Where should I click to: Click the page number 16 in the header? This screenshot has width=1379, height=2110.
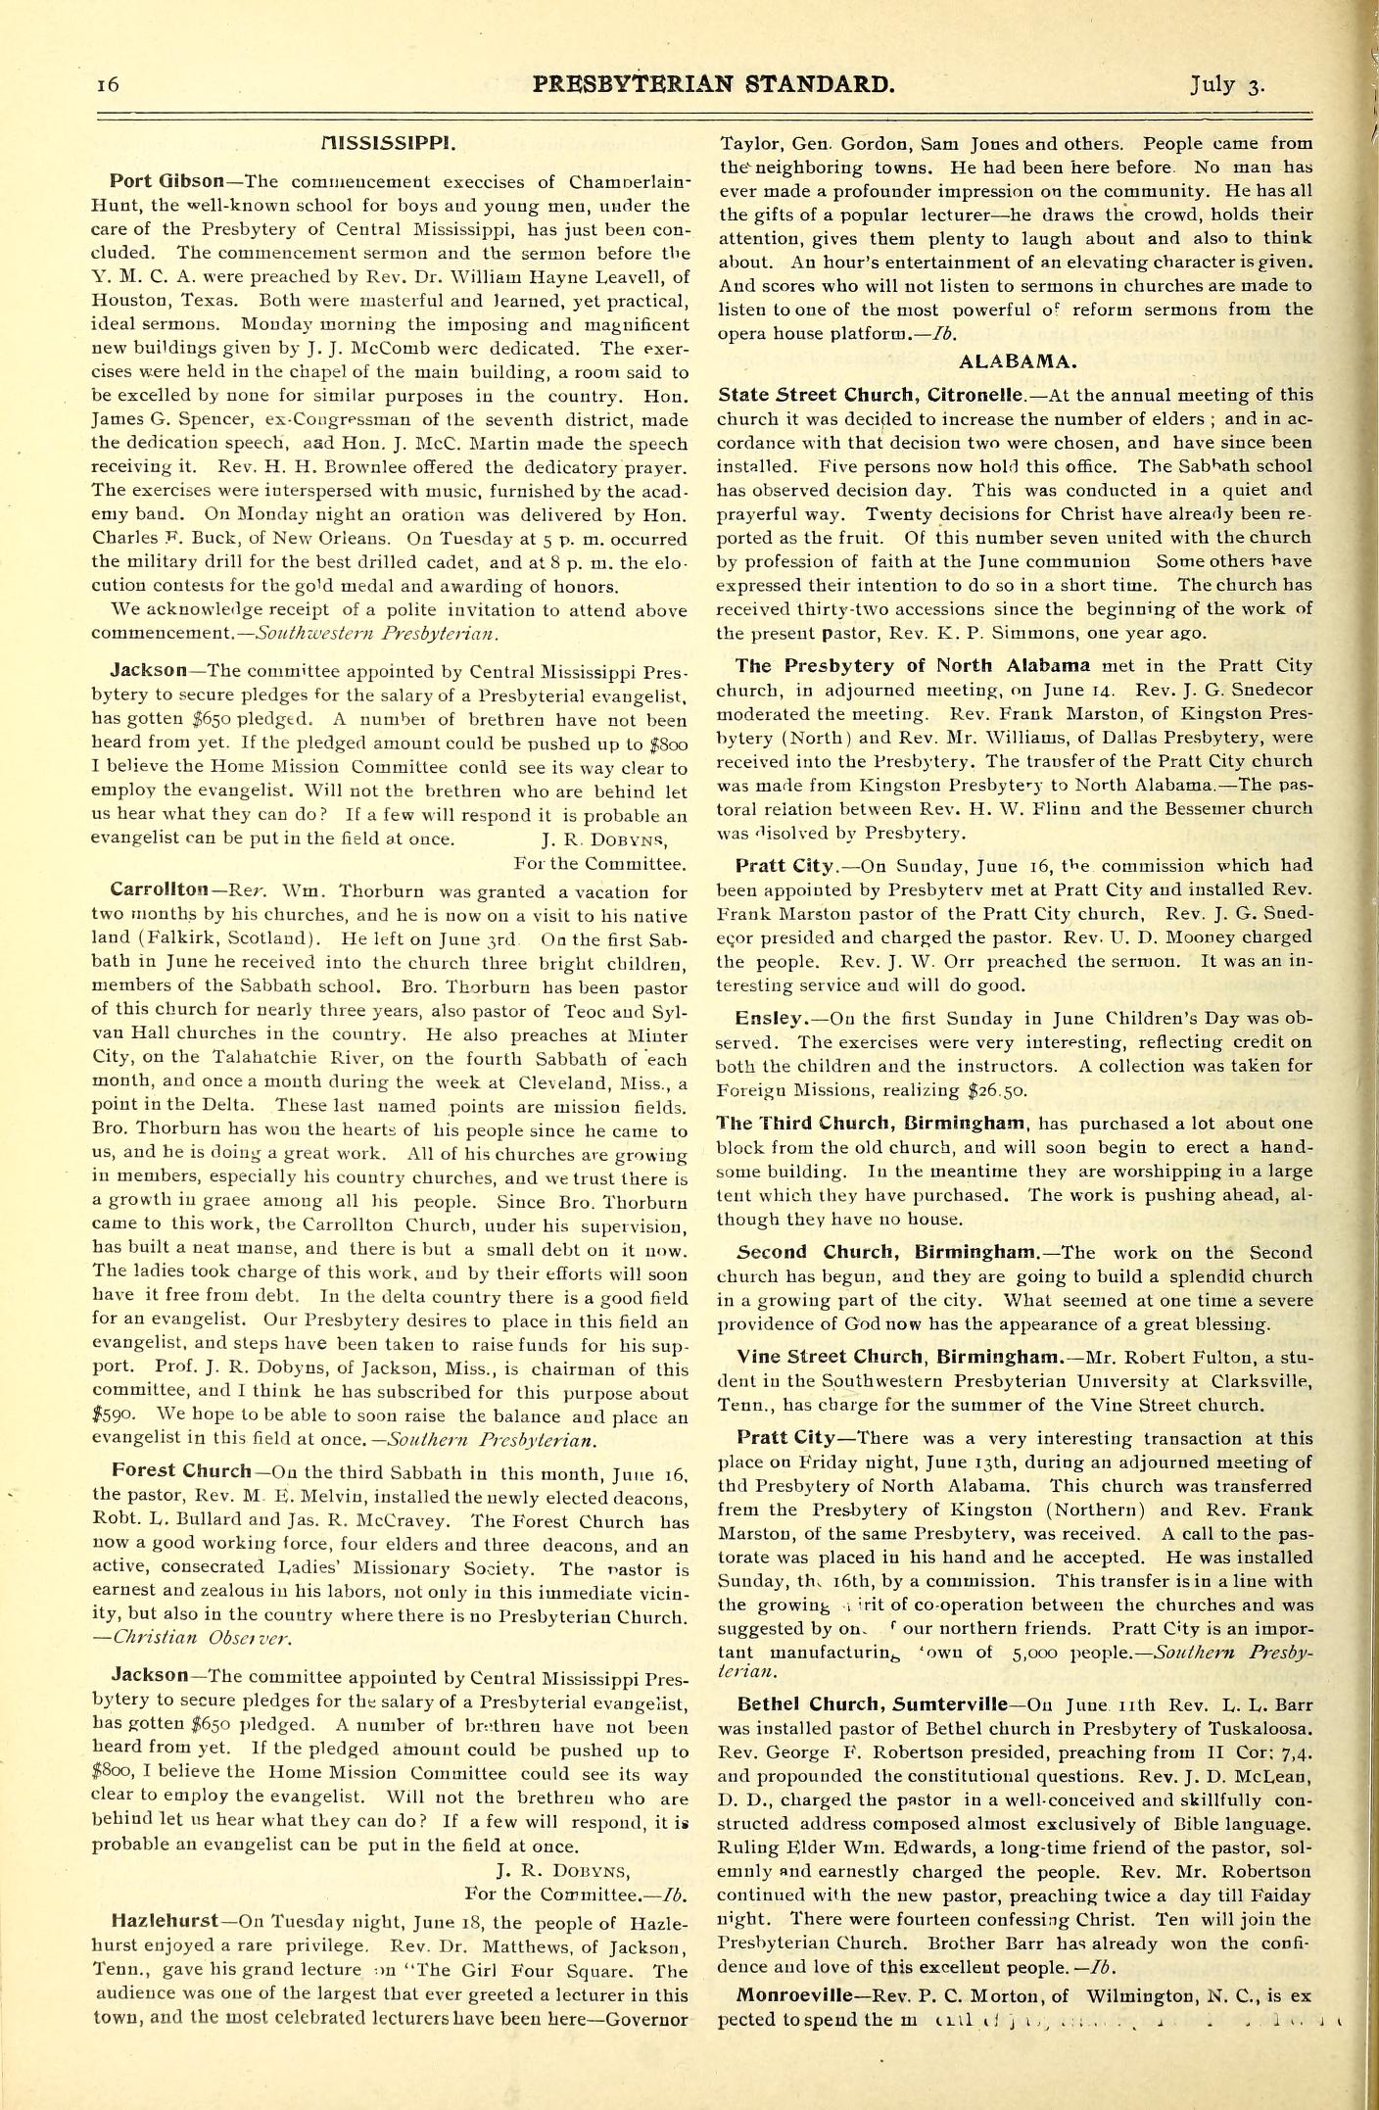pos(108,84)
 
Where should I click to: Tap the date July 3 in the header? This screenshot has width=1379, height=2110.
pos(1227,84)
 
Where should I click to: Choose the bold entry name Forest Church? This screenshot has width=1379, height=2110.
pos(182,1470)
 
